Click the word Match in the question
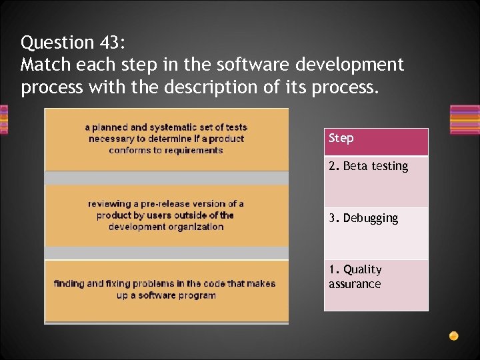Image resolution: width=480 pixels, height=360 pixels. point(42,65)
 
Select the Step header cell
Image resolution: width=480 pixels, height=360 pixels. point(376,142)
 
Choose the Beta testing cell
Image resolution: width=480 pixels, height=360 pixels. point(376,181)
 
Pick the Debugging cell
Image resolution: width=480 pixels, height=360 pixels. point(376,233)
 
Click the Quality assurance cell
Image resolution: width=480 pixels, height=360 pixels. point(376,285)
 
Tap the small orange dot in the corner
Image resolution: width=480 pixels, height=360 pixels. point(453,335)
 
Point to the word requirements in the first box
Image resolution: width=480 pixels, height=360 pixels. point(191,150)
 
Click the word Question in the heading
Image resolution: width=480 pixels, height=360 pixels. point(57,43)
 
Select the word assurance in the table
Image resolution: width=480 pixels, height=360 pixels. point(355,284)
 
